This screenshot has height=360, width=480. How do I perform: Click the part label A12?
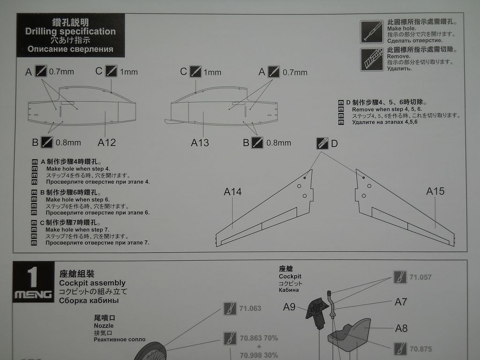[x=106, y=142]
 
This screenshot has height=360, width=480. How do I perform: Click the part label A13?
[x=200, y=142]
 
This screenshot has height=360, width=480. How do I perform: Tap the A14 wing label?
[x=233, y=191]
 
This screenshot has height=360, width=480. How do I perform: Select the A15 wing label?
[x=435, y=191]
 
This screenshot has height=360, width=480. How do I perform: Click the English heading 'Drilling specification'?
[x=70, y=31]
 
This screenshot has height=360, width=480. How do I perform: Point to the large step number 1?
[x=33, y=277]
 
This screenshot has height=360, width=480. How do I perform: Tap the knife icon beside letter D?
[x=322, y=143]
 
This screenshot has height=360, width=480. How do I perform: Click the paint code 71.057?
[x=420, y=277]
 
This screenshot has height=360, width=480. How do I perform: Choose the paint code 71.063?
[x=250, y=308]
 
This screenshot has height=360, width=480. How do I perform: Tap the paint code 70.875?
[x=420, y=349]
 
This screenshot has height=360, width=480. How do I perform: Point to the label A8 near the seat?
[x=401, y=328]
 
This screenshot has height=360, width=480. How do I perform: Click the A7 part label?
[x=401, y=302]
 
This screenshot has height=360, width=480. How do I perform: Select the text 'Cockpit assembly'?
[x=92, y=283]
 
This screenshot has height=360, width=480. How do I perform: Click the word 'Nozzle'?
[x=104, y=325]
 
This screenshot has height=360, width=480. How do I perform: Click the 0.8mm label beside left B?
[x=68, y=142]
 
